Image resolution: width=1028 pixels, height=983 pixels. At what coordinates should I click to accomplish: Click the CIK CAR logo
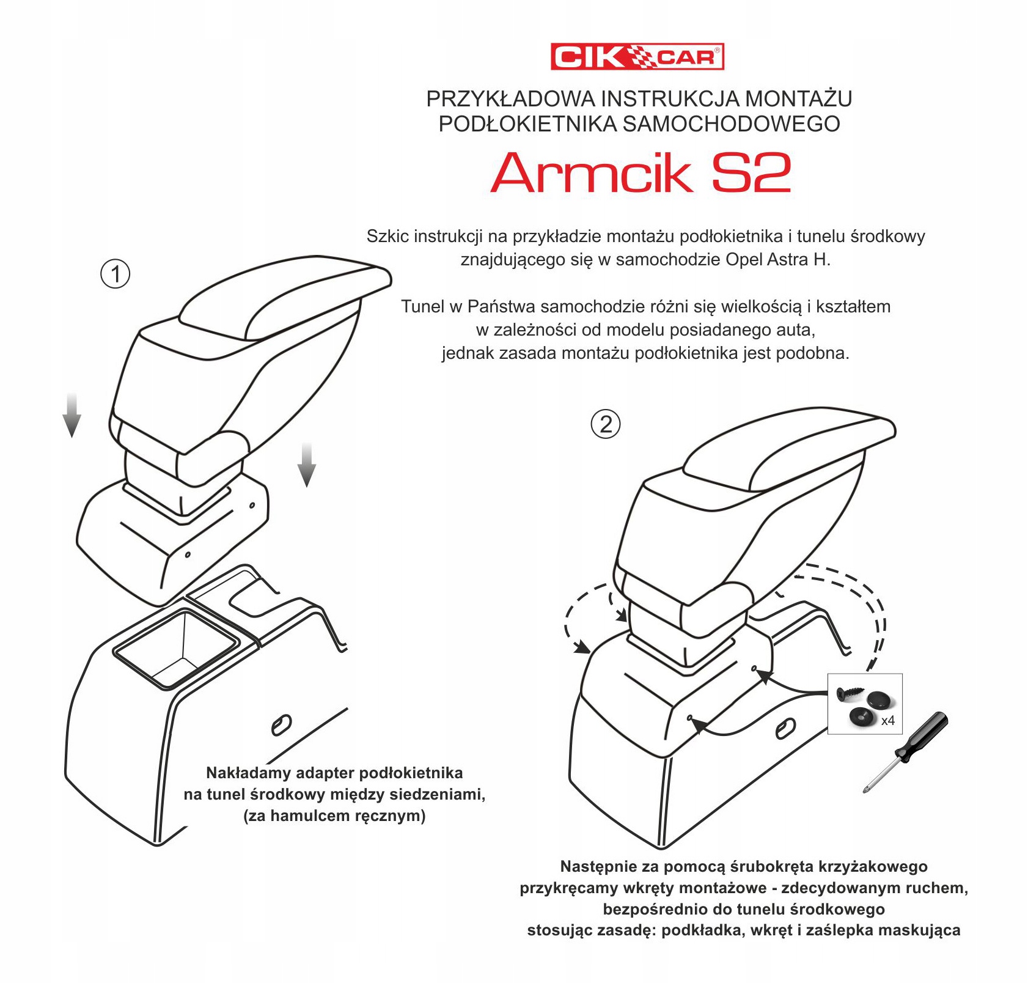637,57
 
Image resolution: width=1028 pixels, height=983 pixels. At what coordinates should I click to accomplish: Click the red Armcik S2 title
641,172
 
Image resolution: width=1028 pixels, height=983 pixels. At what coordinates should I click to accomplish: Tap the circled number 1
115,274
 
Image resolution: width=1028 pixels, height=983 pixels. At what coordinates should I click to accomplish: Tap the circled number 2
606,424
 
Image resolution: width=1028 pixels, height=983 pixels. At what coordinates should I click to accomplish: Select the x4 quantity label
887,721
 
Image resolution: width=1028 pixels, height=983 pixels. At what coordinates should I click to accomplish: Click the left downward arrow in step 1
72,416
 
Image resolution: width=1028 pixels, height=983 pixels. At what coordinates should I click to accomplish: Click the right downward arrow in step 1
307,465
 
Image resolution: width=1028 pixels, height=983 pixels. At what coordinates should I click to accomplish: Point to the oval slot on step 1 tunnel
281,725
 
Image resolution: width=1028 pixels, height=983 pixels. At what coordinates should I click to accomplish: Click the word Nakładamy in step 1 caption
249,773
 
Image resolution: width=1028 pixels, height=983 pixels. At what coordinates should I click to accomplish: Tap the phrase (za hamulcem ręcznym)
334,815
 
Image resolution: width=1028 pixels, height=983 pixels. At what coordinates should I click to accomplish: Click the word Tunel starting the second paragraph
422,306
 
